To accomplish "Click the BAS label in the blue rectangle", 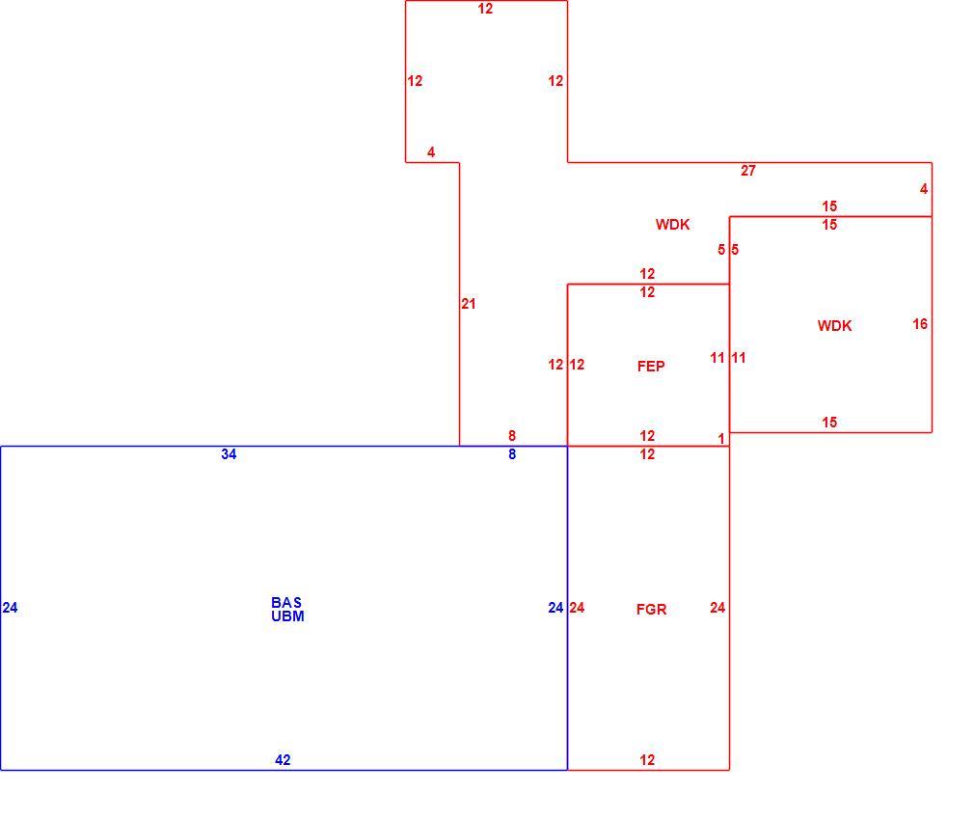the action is pos(286,603).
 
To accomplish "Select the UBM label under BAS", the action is pos(287,616).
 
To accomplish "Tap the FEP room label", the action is pos(651,367).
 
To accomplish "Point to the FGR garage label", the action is pos(652,610).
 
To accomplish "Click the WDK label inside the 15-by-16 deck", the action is pos(834,325).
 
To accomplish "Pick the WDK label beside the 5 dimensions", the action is pos(673,224).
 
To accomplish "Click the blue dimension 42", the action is pos(283,760).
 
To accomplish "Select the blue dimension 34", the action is pos(229,454).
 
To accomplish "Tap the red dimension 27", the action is pos(748,170).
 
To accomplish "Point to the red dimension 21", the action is pos(469,304).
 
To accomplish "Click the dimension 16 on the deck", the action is pos(920,323).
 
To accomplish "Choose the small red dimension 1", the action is pos(721,439).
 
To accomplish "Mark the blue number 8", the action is pos(512,454).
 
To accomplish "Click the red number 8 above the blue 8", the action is pos(512,435).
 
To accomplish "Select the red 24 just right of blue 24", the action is pos(577,608).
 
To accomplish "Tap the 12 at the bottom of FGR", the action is pos(647,760).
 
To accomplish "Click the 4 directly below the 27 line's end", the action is pos(924,189).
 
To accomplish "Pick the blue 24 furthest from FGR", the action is pos(10,608).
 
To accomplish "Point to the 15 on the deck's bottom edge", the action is pos(829,423).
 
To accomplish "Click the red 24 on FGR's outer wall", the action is pos(717,608).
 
